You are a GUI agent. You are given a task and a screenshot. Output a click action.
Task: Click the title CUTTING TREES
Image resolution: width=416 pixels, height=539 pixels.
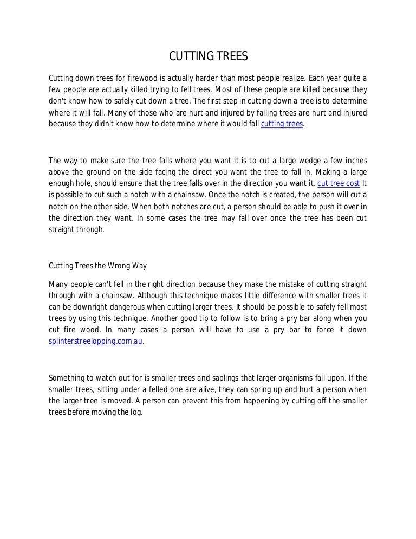tap(209, 56)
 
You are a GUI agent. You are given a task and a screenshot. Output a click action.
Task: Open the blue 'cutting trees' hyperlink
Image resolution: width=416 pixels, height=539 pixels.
tap(282, 124)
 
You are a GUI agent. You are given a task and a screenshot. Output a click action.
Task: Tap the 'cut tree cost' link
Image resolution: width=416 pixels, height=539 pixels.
tap(338, 183)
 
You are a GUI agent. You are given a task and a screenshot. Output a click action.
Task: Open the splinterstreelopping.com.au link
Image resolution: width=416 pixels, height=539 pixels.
tap(96, 342)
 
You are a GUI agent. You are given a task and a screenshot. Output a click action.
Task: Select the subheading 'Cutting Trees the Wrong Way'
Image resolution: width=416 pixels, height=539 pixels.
tap(97, 266)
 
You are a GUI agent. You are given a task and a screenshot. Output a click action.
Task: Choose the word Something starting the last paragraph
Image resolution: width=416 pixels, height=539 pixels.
tap(67, 377)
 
